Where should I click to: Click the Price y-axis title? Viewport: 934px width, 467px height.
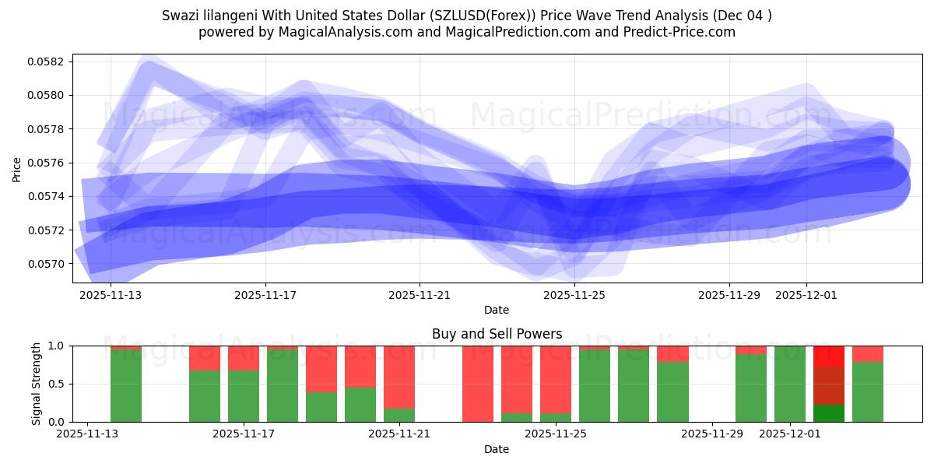click(x=17, y=169)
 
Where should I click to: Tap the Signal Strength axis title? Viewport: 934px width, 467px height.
click(x=37, y=384)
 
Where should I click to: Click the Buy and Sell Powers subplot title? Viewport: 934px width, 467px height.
click(x=497, y=334)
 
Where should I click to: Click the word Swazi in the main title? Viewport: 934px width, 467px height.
click(x=180, y=16)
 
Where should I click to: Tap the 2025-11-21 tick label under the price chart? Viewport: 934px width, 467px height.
click(x=420, y=295)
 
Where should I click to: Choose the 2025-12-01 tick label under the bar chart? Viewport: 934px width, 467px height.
click(x=790, y=434)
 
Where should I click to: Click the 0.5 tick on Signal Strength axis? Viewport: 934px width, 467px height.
click(x=61, y=384)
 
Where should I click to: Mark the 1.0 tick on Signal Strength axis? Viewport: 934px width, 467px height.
click(x=61, y=346)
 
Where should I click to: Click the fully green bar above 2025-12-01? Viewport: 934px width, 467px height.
click(x=790, y=384)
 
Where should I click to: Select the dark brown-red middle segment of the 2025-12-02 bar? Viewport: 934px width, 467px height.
click(x=829, y=386)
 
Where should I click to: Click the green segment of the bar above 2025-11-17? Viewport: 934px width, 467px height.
click(x=244, y=396)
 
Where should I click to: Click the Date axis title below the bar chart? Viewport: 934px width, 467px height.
click(x=497, y=449)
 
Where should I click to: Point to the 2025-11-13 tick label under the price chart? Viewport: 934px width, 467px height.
click(x=111, y=295)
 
